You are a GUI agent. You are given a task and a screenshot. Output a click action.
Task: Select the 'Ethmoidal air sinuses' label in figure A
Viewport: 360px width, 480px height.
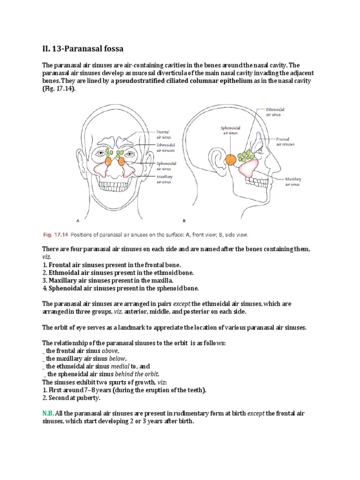click(x=165, y=148)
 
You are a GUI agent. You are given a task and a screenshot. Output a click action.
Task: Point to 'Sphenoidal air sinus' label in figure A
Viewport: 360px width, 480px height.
click(x=165, y=165)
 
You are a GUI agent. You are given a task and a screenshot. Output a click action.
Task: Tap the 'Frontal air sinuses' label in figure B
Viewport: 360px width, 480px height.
click(x=285, y=142)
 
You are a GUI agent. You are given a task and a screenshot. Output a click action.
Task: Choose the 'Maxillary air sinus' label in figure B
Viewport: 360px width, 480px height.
click(x=293, y=182)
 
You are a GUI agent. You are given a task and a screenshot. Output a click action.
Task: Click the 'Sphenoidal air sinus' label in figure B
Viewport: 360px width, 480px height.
click(x=230, y=130)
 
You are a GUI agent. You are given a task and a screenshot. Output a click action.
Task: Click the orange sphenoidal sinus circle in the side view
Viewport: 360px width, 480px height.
click(x=231, y=159)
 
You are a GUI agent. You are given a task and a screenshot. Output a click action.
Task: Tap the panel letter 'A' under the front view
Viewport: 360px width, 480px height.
click(x=77, y=219)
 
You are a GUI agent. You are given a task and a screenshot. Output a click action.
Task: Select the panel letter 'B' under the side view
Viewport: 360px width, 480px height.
click(x=184, y=219)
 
